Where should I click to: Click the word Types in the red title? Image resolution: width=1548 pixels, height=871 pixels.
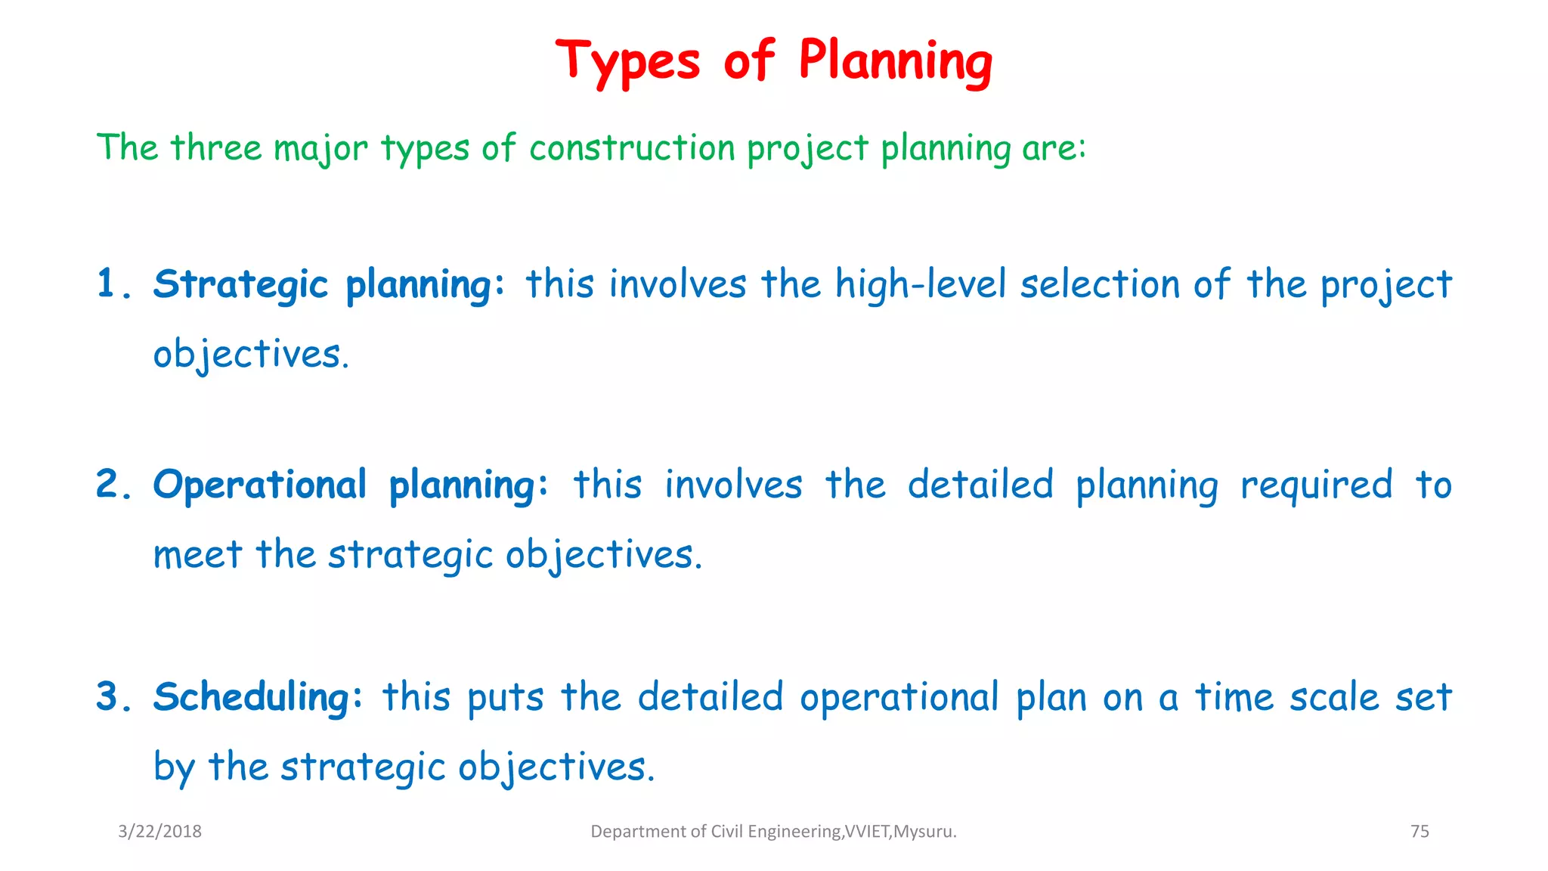point(628,62)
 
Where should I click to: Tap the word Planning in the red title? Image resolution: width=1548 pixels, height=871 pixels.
point(895,62)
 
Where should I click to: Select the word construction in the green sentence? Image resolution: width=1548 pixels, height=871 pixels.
point(632,147)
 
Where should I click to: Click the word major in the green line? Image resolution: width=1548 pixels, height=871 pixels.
point(320,149)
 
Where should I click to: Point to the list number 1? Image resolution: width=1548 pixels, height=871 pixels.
point(107,285)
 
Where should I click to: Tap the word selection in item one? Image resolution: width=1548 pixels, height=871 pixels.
point(1100,285)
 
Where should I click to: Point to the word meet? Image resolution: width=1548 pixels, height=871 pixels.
point(197,556)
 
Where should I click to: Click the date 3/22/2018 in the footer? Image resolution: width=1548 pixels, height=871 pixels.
point(159,832)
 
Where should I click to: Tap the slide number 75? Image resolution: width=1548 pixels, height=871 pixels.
point(1420,832)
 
